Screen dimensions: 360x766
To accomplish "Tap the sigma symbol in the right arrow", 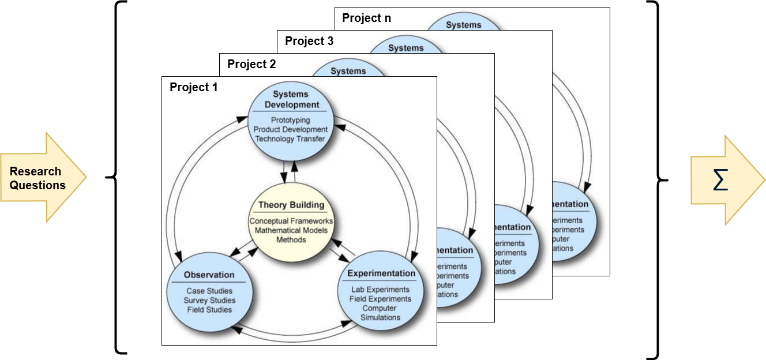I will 720,180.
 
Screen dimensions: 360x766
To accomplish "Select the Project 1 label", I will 193,87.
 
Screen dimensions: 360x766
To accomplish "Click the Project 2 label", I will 251,64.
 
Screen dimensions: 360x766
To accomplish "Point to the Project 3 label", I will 309,41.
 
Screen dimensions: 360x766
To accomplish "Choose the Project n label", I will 366,18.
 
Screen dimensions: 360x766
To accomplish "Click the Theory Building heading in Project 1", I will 291,205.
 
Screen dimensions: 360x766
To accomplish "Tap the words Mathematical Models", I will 291,230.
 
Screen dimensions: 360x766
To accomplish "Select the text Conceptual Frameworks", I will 291,221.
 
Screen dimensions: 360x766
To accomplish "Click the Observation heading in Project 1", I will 209,275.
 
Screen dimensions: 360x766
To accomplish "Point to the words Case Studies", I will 209,291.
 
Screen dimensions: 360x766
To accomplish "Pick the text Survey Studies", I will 209,301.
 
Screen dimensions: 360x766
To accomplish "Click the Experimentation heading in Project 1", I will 381,273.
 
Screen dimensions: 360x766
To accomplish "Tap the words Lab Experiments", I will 380,290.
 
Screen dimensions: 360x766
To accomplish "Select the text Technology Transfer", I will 290,138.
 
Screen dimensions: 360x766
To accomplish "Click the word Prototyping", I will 290,120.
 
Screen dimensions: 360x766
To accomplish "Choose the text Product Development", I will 290,129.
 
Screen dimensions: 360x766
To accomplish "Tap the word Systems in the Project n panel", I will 463,25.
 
